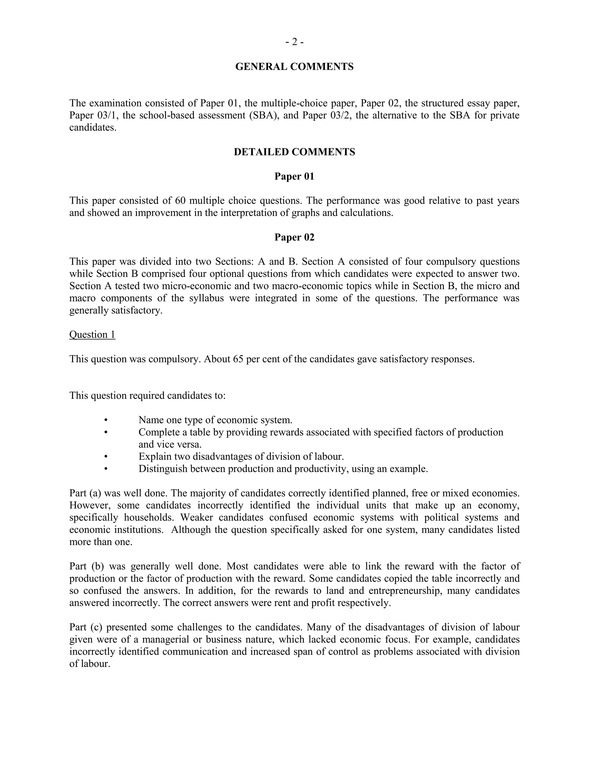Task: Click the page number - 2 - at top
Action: pos(294,42)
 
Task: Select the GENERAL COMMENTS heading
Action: pos(294,67)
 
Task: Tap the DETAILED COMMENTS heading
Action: pos(294,152)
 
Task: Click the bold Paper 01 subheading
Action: pos(294,176)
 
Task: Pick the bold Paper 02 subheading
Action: pos(294,237)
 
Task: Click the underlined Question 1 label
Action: pos(92,335)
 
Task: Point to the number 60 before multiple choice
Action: pos(180,201)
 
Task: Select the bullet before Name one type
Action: pos(106,420)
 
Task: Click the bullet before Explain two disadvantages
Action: pos(106,457)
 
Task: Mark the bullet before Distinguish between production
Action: pos(106,469)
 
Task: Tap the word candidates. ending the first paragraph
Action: pos(93,128)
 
